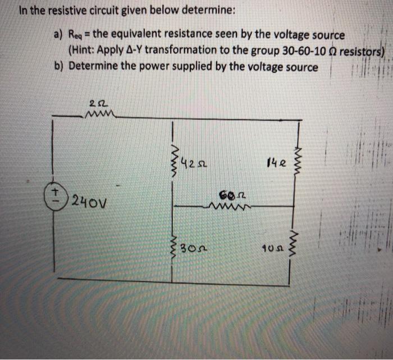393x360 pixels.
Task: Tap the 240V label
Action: [x=88, y=200]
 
